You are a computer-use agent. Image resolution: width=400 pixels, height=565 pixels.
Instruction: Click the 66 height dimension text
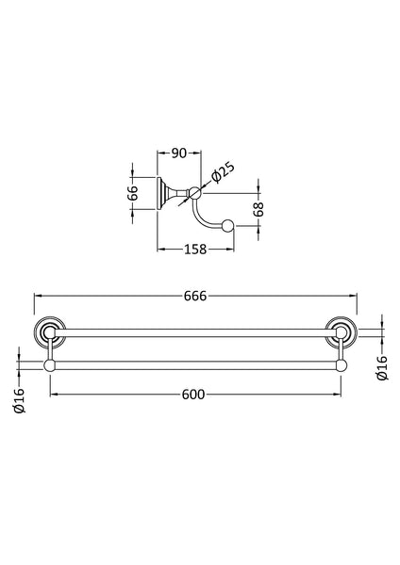coord(134,193)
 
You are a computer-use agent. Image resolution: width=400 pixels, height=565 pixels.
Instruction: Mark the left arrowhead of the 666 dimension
coord(39,295)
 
